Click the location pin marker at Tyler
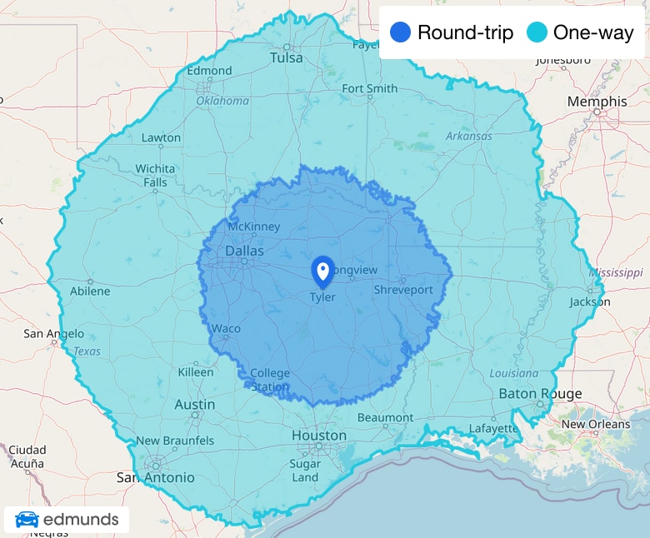[x=322, y=271]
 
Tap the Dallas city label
[x=244, y=251]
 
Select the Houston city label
[x=319, y=436]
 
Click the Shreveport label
[x=403, y=290]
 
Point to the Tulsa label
[x=287, y=57]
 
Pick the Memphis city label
[x=597, y=101]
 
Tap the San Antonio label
[x=155, y=477]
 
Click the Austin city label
[x=195, y=405]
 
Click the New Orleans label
[x=596, y=424]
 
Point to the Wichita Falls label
[x=155, y=175]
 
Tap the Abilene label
[x=89, y=291]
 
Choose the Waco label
[x=226, y=328]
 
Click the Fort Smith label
[x=369, y=88]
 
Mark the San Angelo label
[x=53, y=334]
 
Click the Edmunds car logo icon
[x=27, y=520]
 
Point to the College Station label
[x=270, y=379]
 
